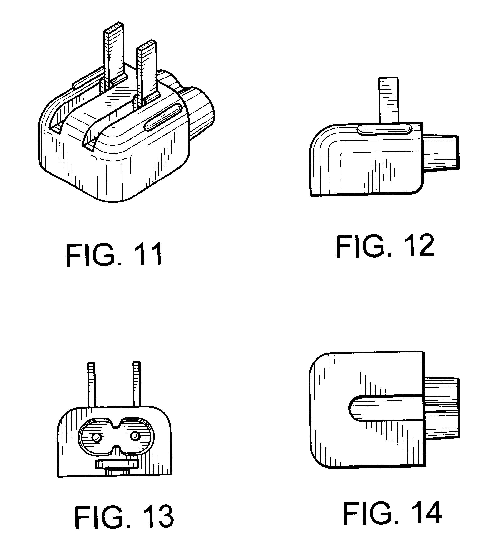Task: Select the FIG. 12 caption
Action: (385, 246)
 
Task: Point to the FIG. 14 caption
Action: (392, 517)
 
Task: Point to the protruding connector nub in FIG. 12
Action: (441, 152)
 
